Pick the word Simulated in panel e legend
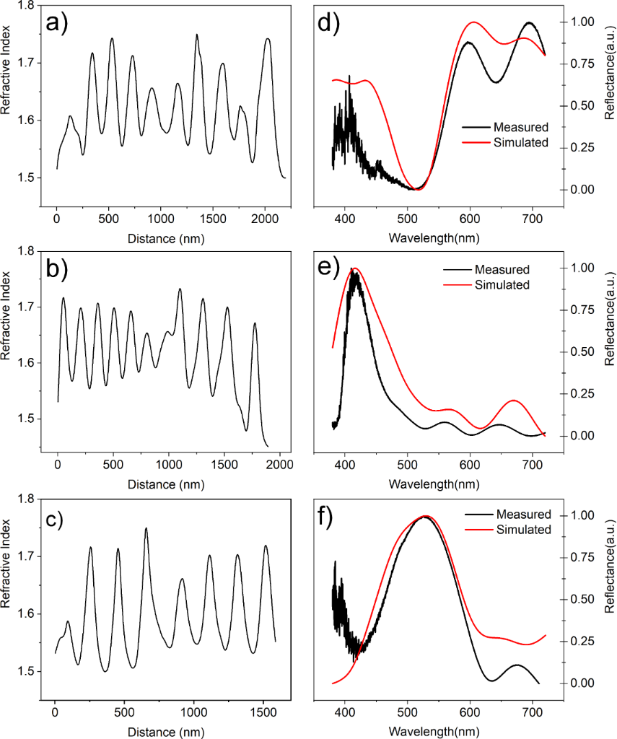(x=502, y=284)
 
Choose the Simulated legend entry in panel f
(x=523, y=530)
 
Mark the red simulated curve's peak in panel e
(x=356, y=268)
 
